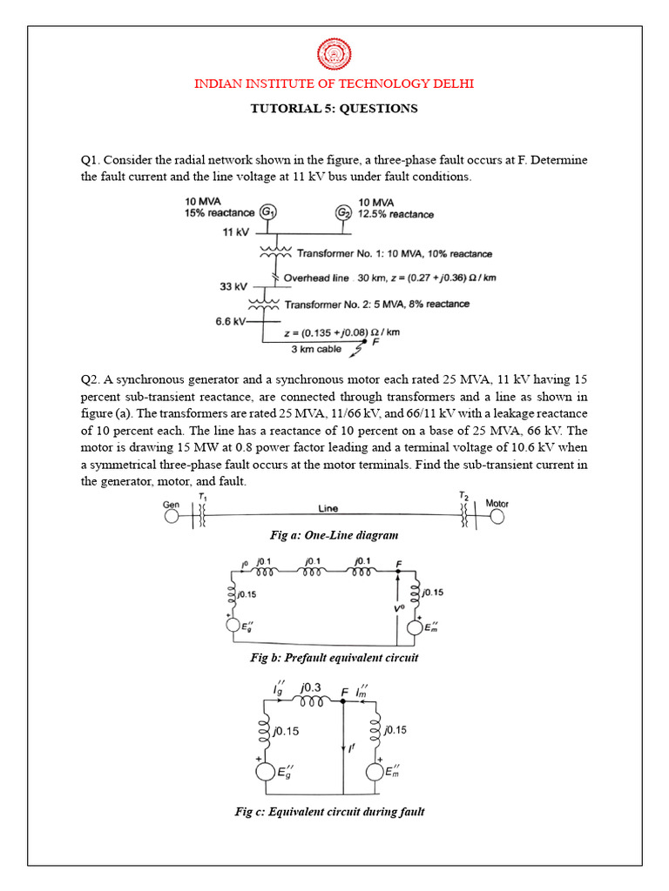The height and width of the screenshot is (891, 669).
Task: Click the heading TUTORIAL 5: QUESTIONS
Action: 334,109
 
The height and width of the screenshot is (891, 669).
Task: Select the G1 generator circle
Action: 269,213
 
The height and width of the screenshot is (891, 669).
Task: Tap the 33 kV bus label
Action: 233,285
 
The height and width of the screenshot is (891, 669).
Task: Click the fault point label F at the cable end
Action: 375,342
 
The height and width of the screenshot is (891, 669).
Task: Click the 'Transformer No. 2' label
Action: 334,305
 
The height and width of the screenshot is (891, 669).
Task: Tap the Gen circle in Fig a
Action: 171,517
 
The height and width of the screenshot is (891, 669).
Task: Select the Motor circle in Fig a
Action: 497,517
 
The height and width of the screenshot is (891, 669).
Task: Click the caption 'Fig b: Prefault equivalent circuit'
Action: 334,658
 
